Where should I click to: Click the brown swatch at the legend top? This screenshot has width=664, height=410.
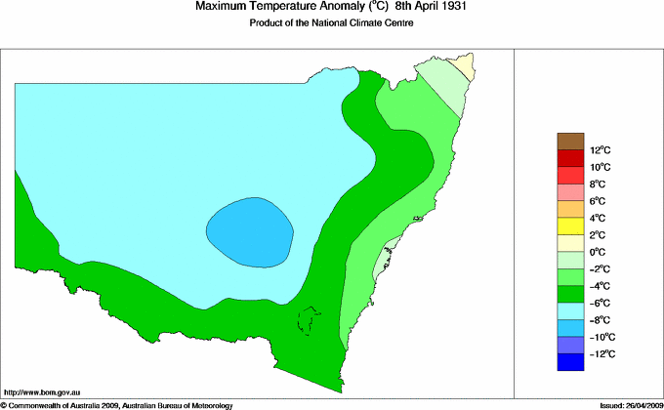570,142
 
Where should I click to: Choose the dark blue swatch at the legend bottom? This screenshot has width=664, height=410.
570,362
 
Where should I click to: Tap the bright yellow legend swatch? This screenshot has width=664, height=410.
570,226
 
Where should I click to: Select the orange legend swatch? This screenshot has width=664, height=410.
570,209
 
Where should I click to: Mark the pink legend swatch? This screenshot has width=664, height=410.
570,192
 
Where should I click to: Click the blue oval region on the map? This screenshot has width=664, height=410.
250,231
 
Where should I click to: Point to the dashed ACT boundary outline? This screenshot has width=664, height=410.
310,320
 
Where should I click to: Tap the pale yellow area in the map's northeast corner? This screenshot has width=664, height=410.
467,66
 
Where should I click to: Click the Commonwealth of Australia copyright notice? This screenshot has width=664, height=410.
117,404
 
